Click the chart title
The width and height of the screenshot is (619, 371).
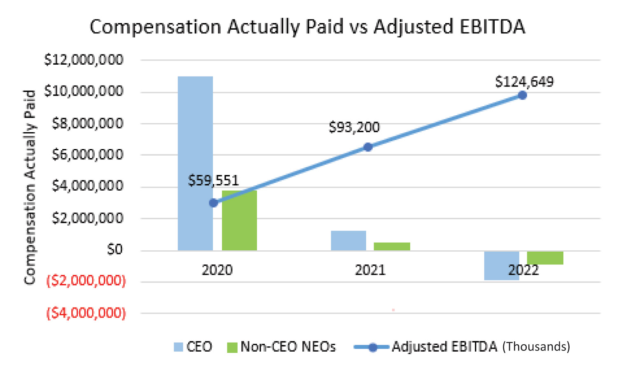click(x=307, y=27)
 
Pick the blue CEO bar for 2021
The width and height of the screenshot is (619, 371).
click(x=348, y=240)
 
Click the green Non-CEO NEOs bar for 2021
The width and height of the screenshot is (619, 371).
click(x=392, y=246)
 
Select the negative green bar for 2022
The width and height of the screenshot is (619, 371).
click(x=545, y=258)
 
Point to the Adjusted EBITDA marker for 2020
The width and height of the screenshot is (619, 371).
click(x=213, y=203)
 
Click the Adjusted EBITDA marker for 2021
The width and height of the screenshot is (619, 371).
click(x=368, y=147)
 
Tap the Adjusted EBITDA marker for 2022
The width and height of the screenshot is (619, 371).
click(x=522, y=96)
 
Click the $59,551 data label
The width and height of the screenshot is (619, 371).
click(x=213, y=180)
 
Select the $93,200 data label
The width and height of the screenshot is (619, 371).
click(x=354, y=127)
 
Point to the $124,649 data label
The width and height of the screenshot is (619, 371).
click(x=524, y=82)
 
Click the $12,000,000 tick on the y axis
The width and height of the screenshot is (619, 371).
click(x=84, y=60)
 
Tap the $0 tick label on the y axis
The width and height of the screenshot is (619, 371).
click(x=114, y=250)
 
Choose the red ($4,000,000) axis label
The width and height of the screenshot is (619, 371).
click(x=86, y=313)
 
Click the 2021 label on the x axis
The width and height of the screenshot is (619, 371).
click(x=370, y=270)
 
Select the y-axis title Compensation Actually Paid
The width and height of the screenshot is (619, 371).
click(x=30, y=187)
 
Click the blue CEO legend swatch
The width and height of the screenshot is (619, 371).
click(x=178, y=347)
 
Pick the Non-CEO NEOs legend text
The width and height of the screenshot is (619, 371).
click(x=288, y=347)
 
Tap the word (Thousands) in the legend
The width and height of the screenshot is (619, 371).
click(x=536, y=347)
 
